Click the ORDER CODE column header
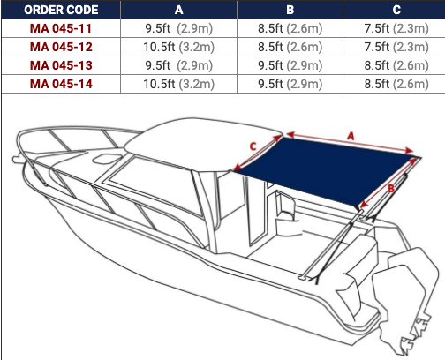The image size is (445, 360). pos(61,10)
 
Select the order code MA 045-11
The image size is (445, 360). pos(61,28)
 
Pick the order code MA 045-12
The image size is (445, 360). pos(61,47)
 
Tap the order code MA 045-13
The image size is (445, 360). pos(61,65)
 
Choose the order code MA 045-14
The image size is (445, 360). pos(61,84)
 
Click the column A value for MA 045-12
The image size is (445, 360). pos(179,47)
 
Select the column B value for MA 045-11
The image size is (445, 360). pos(290,28)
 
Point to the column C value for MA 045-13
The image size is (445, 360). pos(396,65)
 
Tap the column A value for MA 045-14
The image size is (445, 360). pos(179,84)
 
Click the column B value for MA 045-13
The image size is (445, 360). pos(290,65)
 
